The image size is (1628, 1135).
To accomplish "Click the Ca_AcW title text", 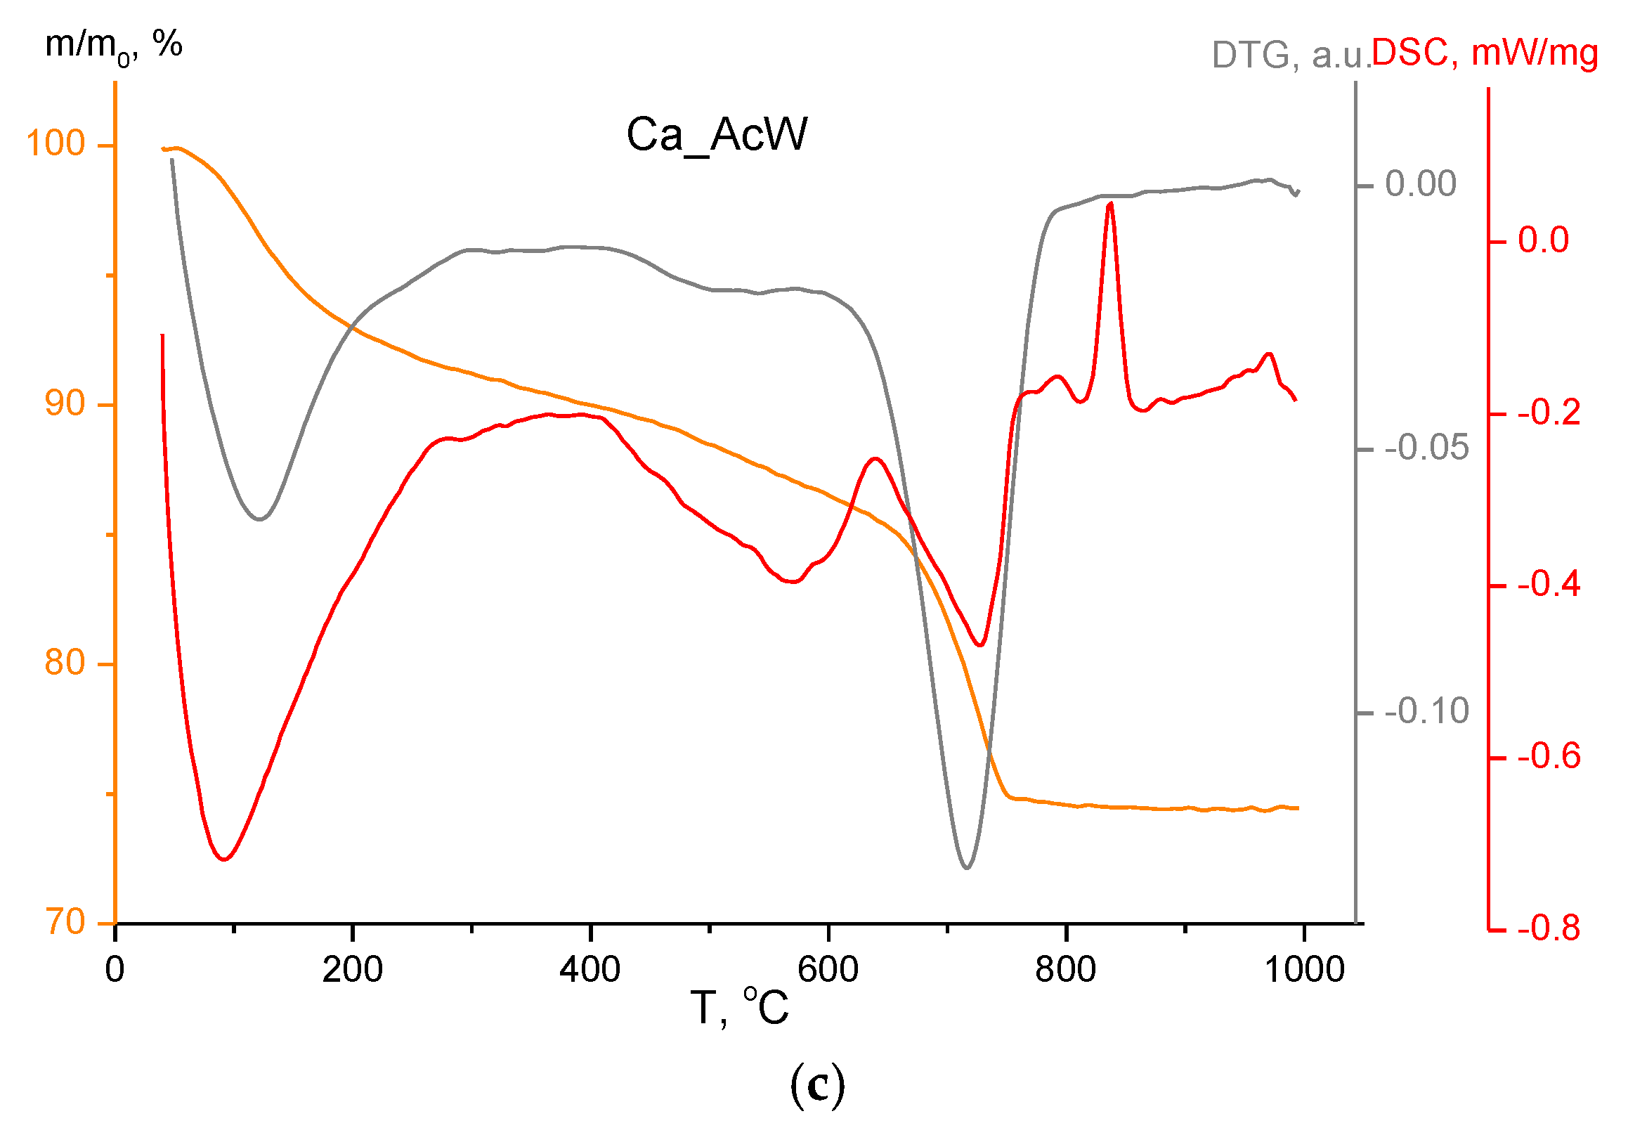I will point(716,134).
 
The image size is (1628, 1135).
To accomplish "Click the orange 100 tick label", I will point(56,144).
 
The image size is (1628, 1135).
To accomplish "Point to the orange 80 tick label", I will point(65,663).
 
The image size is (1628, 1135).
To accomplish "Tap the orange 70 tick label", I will point(65,923).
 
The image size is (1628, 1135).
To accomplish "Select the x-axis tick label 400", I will point(590,970).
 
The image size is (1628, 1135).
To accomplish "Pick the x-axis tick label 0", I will point(115,970).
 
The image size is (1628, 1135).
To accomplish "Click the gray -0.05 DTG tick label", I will point(1426,448).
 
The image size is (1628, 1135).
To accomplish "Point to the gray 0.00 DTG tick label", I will point(1420,184).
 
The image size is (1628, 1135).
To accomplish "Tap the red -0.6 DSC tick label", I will point(1549,757).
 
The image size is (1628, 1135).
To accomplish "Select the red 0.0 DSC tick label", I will point(1543,240).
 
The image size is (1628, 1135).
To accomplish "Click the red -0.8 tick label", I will point(1549,928).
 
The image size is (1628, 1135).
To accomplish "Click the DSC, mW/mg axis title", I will point(1485,53).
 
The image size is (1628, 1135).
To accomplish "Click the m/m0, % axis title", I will point(113,46).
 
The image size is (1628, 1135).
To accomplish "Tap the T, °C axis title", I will point(739,1008).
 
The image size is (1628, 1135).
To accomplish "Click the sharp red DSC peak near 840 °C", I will point(1109,205).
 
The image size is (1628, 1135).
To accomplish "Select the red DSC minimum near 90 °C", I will point(224,859).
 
